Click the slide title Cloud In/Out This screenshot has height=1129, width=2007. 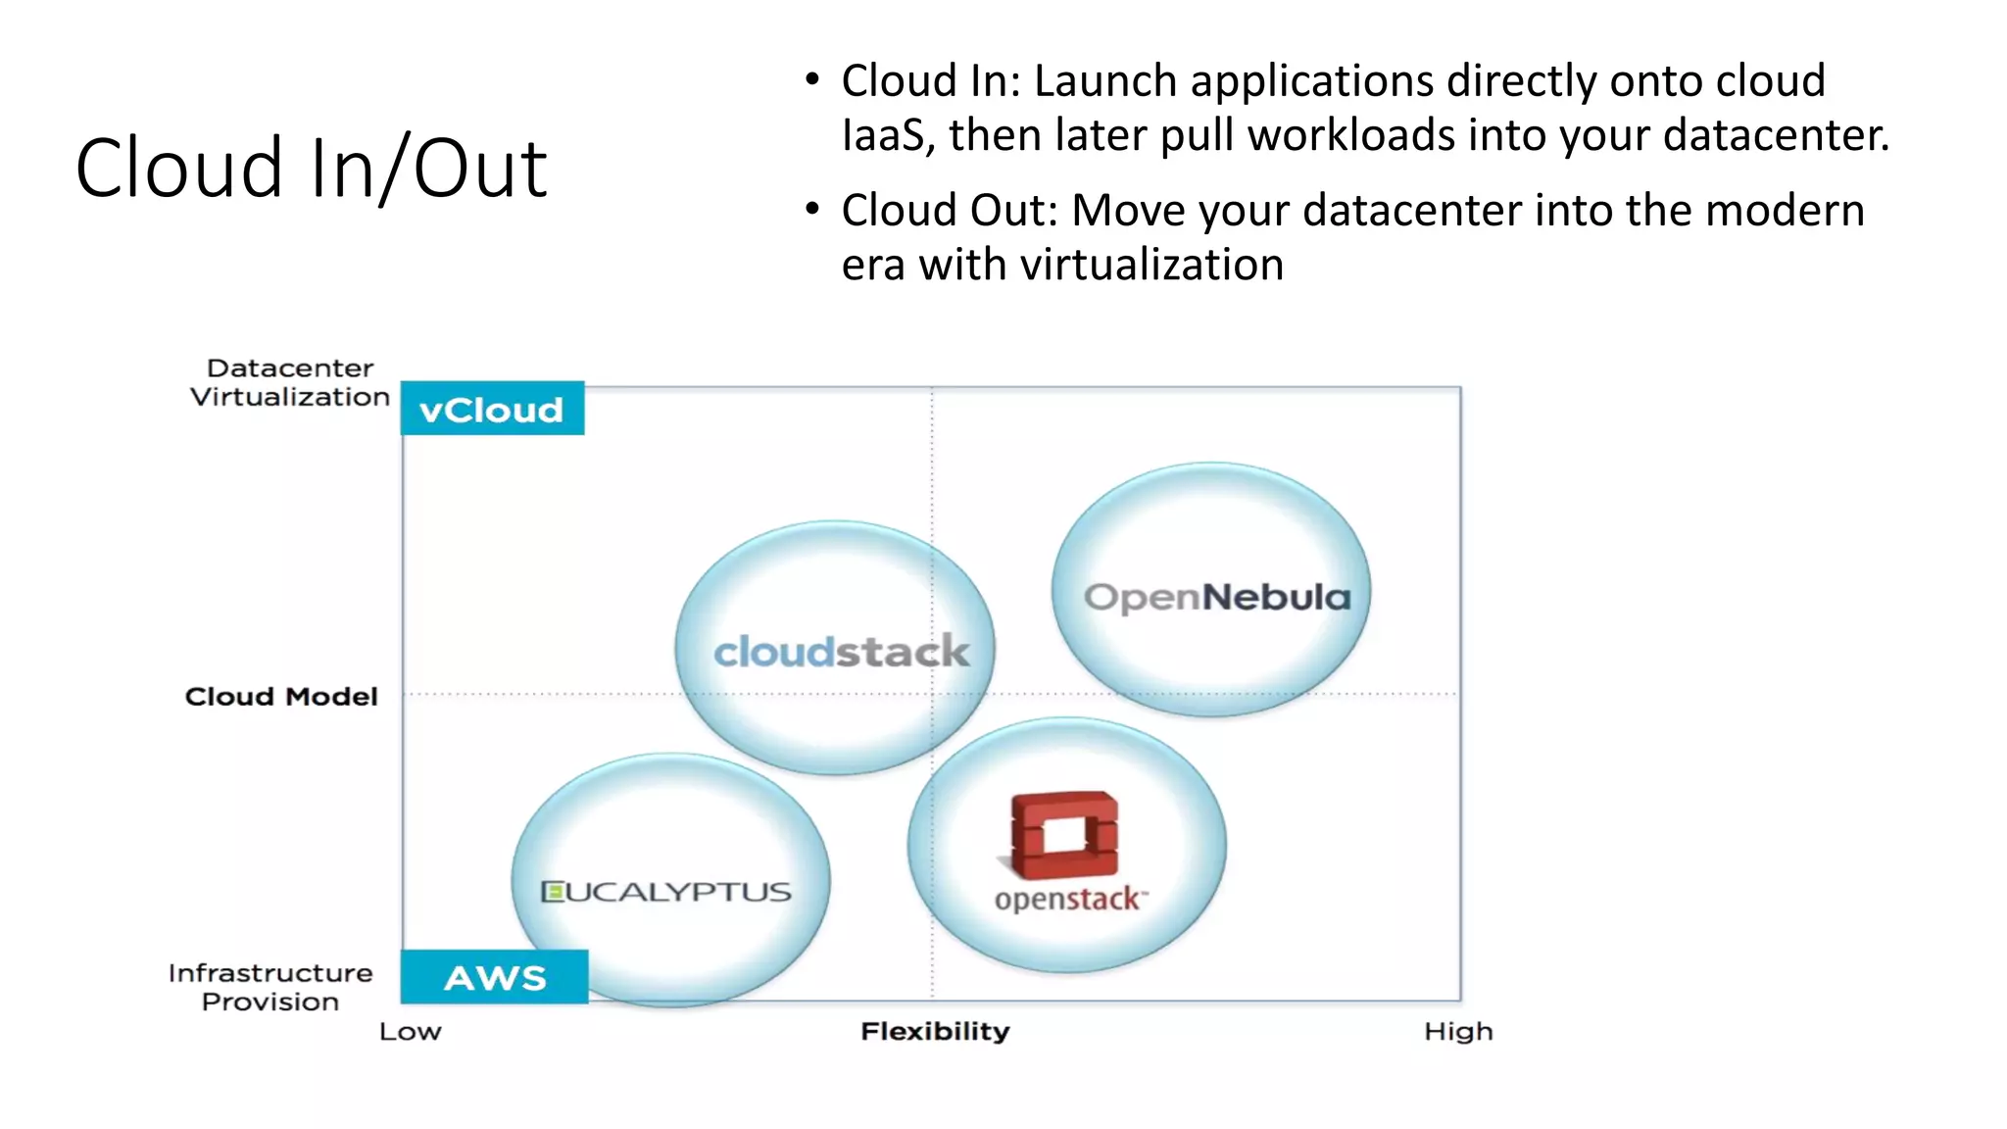(x=311, y=169)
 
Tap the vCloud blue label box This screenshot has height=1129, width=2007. (x=492, y=409)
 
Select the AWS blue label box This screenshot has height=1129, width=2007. (x=495, y=977)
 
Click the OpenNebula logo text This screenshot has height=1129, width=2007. (x=1216, y=597)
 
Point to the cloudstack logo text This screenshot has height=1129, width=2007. (x=841, y=652)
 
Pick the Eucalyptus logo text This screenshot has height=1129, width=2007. (x=666, y=892)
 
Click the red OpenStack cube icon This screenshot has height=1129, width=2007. (x=1064, y=835)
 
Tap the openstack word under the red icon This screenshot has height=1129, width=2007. (x=1067, y=899)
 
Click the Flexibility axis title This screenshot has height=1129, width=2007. (x=935, y=1031)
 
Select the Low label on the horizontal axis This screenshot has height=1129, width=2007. (x=411, y=1032)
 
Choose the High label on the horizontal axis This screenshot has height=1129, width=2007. (x=1458, y=1031)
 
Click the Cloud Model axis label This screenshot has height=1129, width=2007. (x=281, y=697)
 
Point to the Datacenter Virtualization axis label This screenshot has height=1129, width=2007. (x=290, y=382)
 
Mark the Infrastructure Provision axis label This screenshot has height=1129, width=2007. (x=270, y=987)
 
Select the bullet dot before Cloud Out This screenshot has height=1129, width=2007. (x=811, y=209)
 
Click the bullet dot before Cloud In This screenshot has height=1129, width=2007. (x=811, y=79)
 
